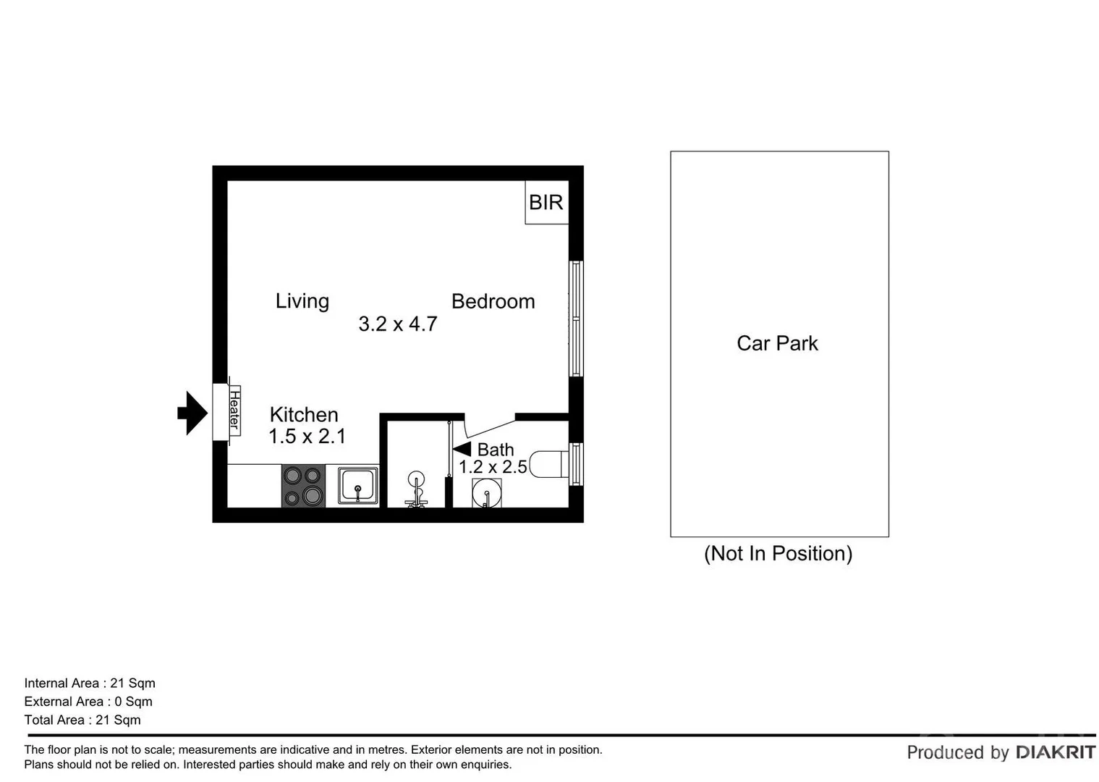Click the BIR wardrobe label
(x=546, y=202)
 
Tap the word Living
(x=302, y=300)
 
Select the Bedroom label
(x=493, y=301)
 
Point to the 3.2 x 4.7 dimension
(x=397, y=324)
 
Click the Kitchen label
(x=304, y=414)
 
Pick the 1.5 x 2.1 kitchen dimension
(x=307, y=436)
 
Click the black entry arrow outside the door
(x=192, y=413)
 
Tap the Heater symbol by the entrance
(x=234, y=409)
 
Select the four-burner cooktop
(x=303, y=486)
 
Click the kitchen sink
(x=357, y=485)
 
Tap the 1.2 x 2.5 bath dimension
(x=493, y=467)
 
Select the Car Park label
(x=777, y=343)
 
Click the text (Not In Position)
(x=778, y=553)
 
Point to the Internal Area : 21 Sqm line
(x=90, y=683)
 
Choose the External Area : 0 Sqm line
(x=88, y=701)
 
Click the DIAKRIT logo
(x=1056, y=752)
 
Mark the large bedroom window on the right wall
(x=576, y=319)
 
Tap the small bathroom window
(x=576, y=464)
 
